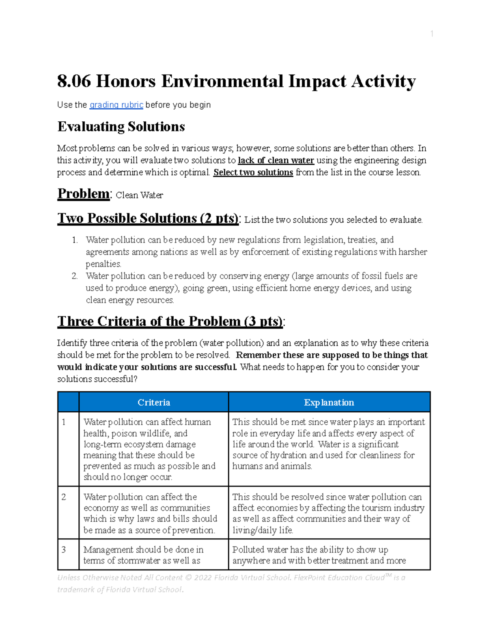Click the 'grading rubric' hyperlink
(x=116, y=105)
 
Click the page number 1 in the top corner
(x=432, y=34)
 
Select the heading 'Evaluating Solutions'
(x=121, y=127)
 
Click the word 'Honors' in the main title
(x=125, y=81)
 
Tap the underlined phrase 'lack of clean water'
(x=276, y=160)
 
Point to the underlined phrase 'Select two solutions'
(x=253, y=172)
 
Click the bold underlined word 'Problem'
(x=83, y=194)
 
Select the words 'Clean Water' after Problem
(x=139, y=196)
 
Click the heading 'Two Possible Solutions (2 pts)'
(x=148, y=219)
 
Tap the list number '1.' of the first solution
(x=75, y=240)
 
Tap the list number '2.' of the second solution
(x=75, y=276)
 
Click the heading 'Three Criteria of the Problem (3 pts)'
(x=170, y=322)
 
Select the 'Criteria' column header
(x=153, y=402)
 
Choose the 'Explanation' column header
(x=329, y=402)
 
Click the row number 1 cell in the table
(x=64, y=422)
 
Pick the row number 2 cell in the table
(x=64, y=497)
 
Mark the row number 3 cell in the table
(x=64, y=550)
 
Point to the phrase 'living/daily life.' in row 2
(x=263, y=530)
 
